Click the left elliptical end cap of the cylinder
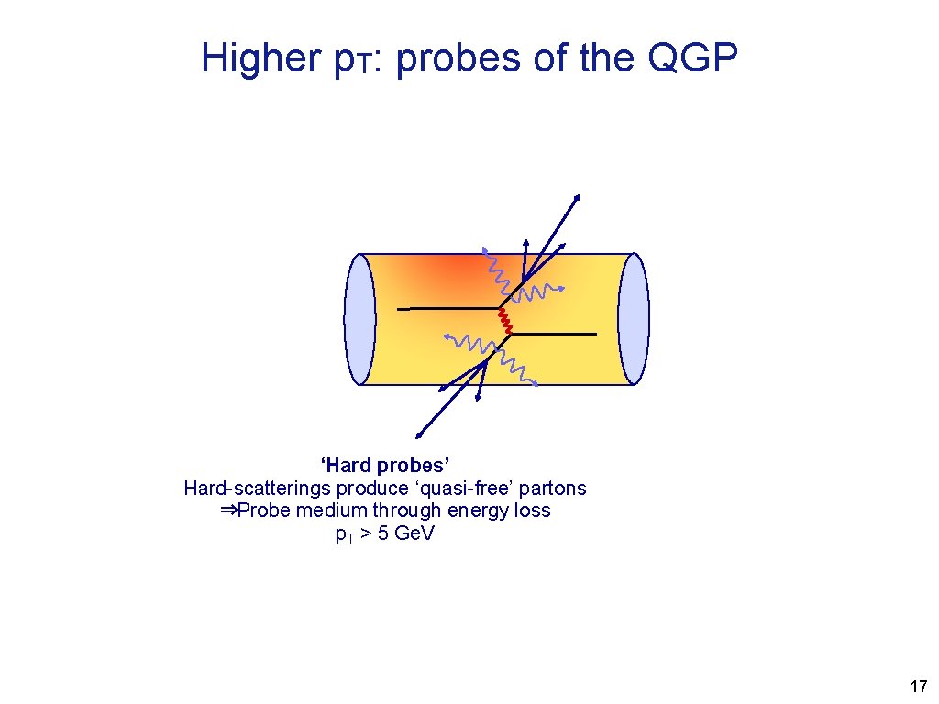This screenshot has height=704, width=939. (360, 319)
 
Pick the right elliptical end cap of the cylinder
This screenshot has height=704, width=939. (634, 319)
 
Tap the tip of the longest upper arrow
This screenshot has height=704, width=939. (578, 196)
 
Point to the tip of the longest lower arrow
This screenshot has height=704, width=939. (418, 434)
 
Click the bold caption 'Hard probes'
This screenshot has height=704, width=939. (384, 466)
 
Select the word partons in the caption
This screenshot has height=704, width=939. (553, 488)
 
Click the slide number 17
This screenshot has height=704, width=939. (917, 687)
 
